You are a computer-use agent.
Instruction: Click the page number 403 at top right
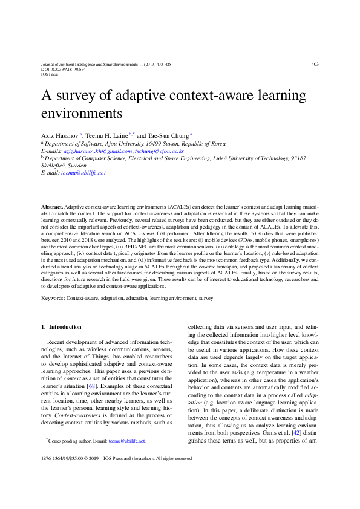pos(315,64)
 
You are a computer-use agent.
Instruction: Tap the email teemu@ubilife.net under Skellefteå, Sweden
pos(83,172)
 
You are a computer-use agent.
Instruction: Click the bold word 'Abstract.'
pos(51,207)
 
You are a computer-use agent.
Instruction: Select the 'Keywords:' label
pos(53,299)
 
